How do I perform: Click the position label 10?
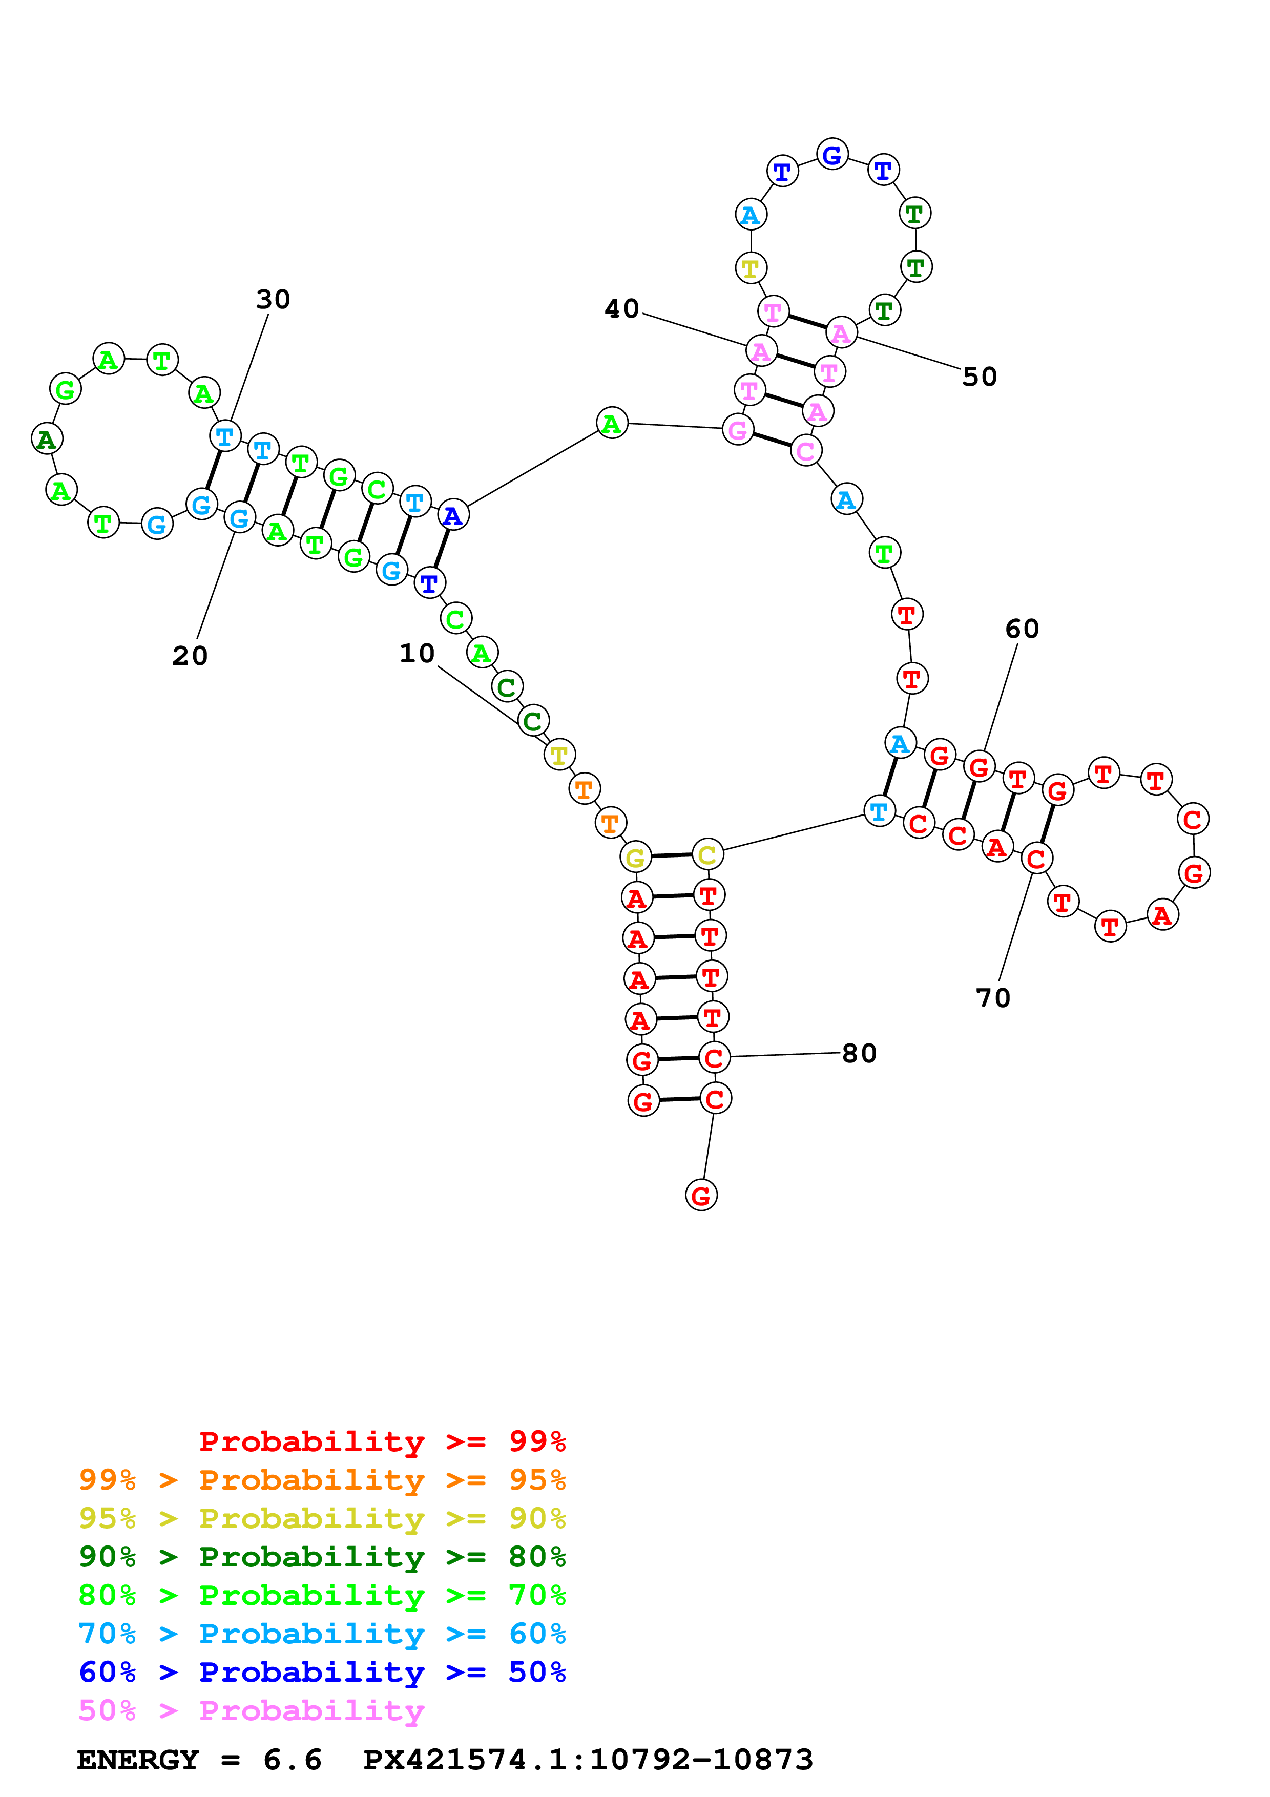(x=417, y=654)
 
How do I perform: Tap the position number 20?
(x=190, y=656)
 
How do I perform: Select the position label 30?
(x=273, y=299)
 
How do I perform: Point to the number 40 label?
(x=622, y=309)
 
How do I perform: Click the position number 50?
(x=980, y=377)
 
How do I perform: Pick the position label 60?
(x=1022, y=629)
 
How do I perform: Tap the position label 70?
(x=993, y=998)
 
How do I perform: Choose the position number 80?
(x=859, y=1054)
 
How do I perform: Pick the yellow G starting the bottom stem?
(x=635, y=857)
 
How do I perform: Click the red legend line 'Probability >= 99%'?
(x=382, y=1441)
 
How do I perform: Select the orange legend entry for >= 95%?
(x=322, y=1479)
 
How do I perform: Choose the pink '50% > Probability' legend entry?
(x=251, y=1710)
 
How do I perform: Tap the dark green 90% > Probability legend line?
(x=322, y=1557)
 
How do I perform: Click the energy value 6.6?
(x=292, y=1760)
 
